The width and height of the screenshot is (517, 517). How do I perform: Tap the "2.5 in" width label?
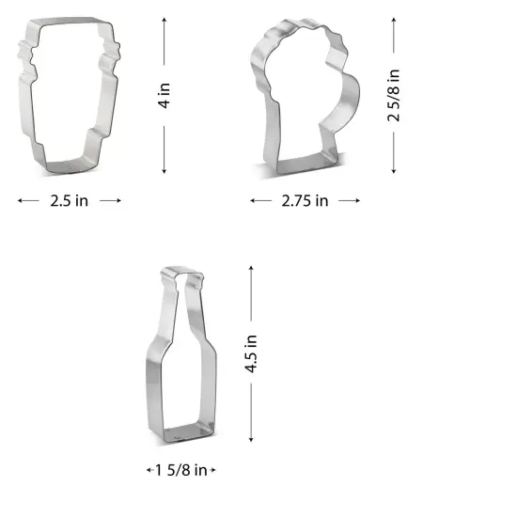coord(70,200)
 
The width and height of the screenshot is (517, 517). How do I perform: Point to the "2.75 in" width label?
coord(305,200)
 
